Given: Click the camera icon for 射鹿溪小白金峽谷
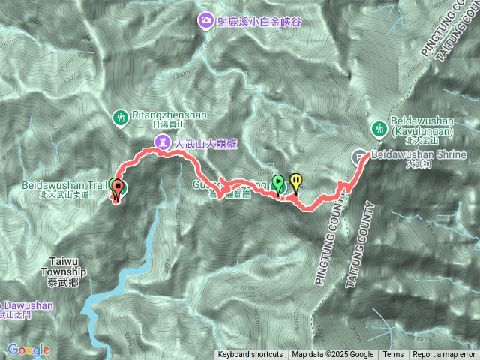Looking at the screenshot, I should pos(205,22).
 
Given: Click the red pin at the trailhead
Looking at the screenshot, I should pos(116,189).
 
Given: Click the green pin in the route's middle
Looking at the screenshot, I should pos(278,183).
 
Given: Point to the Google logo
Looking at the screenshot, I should pos(28,349).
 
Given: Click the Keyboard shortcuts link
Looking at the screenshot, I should pos(250,355).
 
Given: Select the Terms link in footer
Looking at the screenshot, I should pos(393,355).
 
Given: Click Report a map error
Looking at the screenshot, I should pos(444,355).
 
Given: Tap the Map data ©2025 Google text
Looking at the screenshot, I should pos(333,355).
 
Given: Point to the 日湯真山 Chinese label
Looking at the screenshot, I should pos(167,124).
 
